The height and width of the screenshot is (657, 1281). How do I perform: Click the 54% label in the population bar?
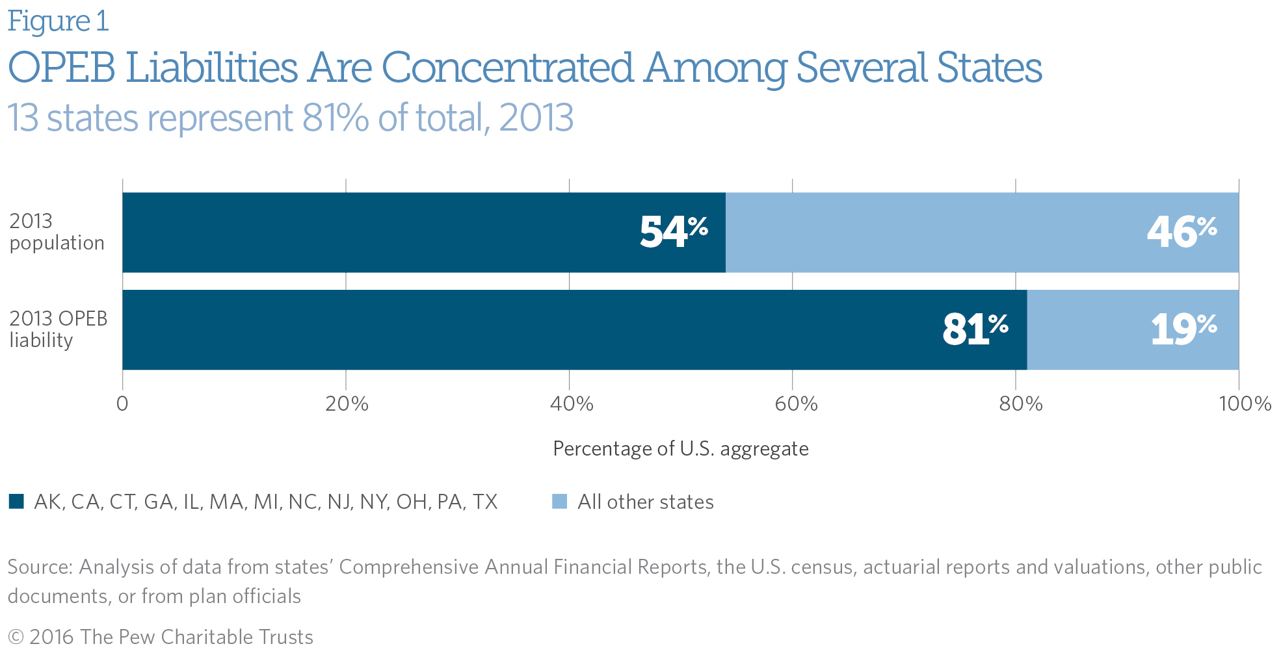pos(674,232)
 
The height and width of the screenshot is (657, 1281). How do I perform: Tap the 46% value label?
pos(1182,232)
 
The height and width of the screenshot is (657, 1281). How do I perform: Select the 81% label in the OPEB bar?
pos(975,329)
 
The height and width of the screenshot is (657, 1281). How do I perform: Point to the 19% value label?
pos(1183,329)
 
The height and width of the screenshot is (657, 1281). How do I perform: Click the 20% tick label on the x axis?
pos(347,404)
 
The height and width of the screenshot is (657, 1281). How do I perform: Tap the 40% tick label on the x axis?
pos(571,404)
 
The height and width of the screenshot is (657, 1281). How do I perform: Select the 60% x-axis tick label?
pos(795,404)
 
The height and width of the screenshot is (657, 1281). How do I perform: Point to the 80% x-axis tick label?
pos(1020,404)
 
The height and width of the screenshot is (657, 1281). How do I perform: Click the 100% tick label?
pos(1245,404)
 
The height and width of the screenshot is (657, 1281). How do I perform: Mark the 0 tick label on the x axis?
pos(122,404)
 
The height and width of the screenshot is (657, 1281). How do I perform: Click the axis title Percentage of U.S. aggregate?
pos(680,449)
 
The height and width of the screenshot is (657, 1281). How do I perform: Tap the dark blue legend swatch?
pos(16,502)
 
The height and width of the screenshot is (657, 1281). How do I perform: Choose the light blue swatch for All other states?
pos(559,502)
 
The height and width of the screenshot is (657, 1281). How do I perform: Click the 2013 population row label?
pos(57,232)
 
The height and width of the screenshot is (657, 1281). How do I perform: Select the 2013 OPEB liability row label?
pos(58,329)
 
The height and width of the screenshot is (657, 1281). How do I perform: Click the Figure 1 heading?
pos(58,21)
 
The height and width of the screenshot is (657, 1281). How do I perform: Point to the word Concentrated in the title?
pos(507,68)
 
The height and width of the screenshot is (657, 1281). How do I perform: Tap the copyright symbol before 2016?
pos(16,638)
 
